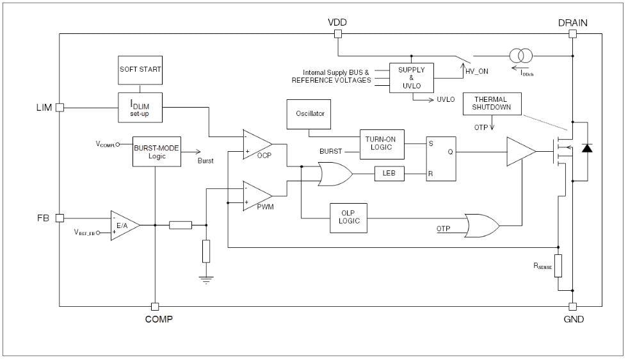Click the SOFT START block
click(140, 69)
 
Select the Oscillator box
click(310, 113)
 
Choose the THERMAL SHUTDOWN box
click(492, 104)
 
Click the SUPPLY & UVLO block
click(411, 78)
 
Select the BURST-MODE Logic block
click(156, 152)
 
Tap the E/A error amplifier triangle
click(124, 225)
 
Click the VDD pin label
click(337, 22)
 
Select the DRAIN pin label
click(572, 22)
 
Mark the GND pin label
click(573, 318)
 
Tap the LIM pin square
click(60, 108)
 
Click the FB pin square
click(60, 218)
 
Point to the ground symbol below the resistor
click(205, 279)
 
